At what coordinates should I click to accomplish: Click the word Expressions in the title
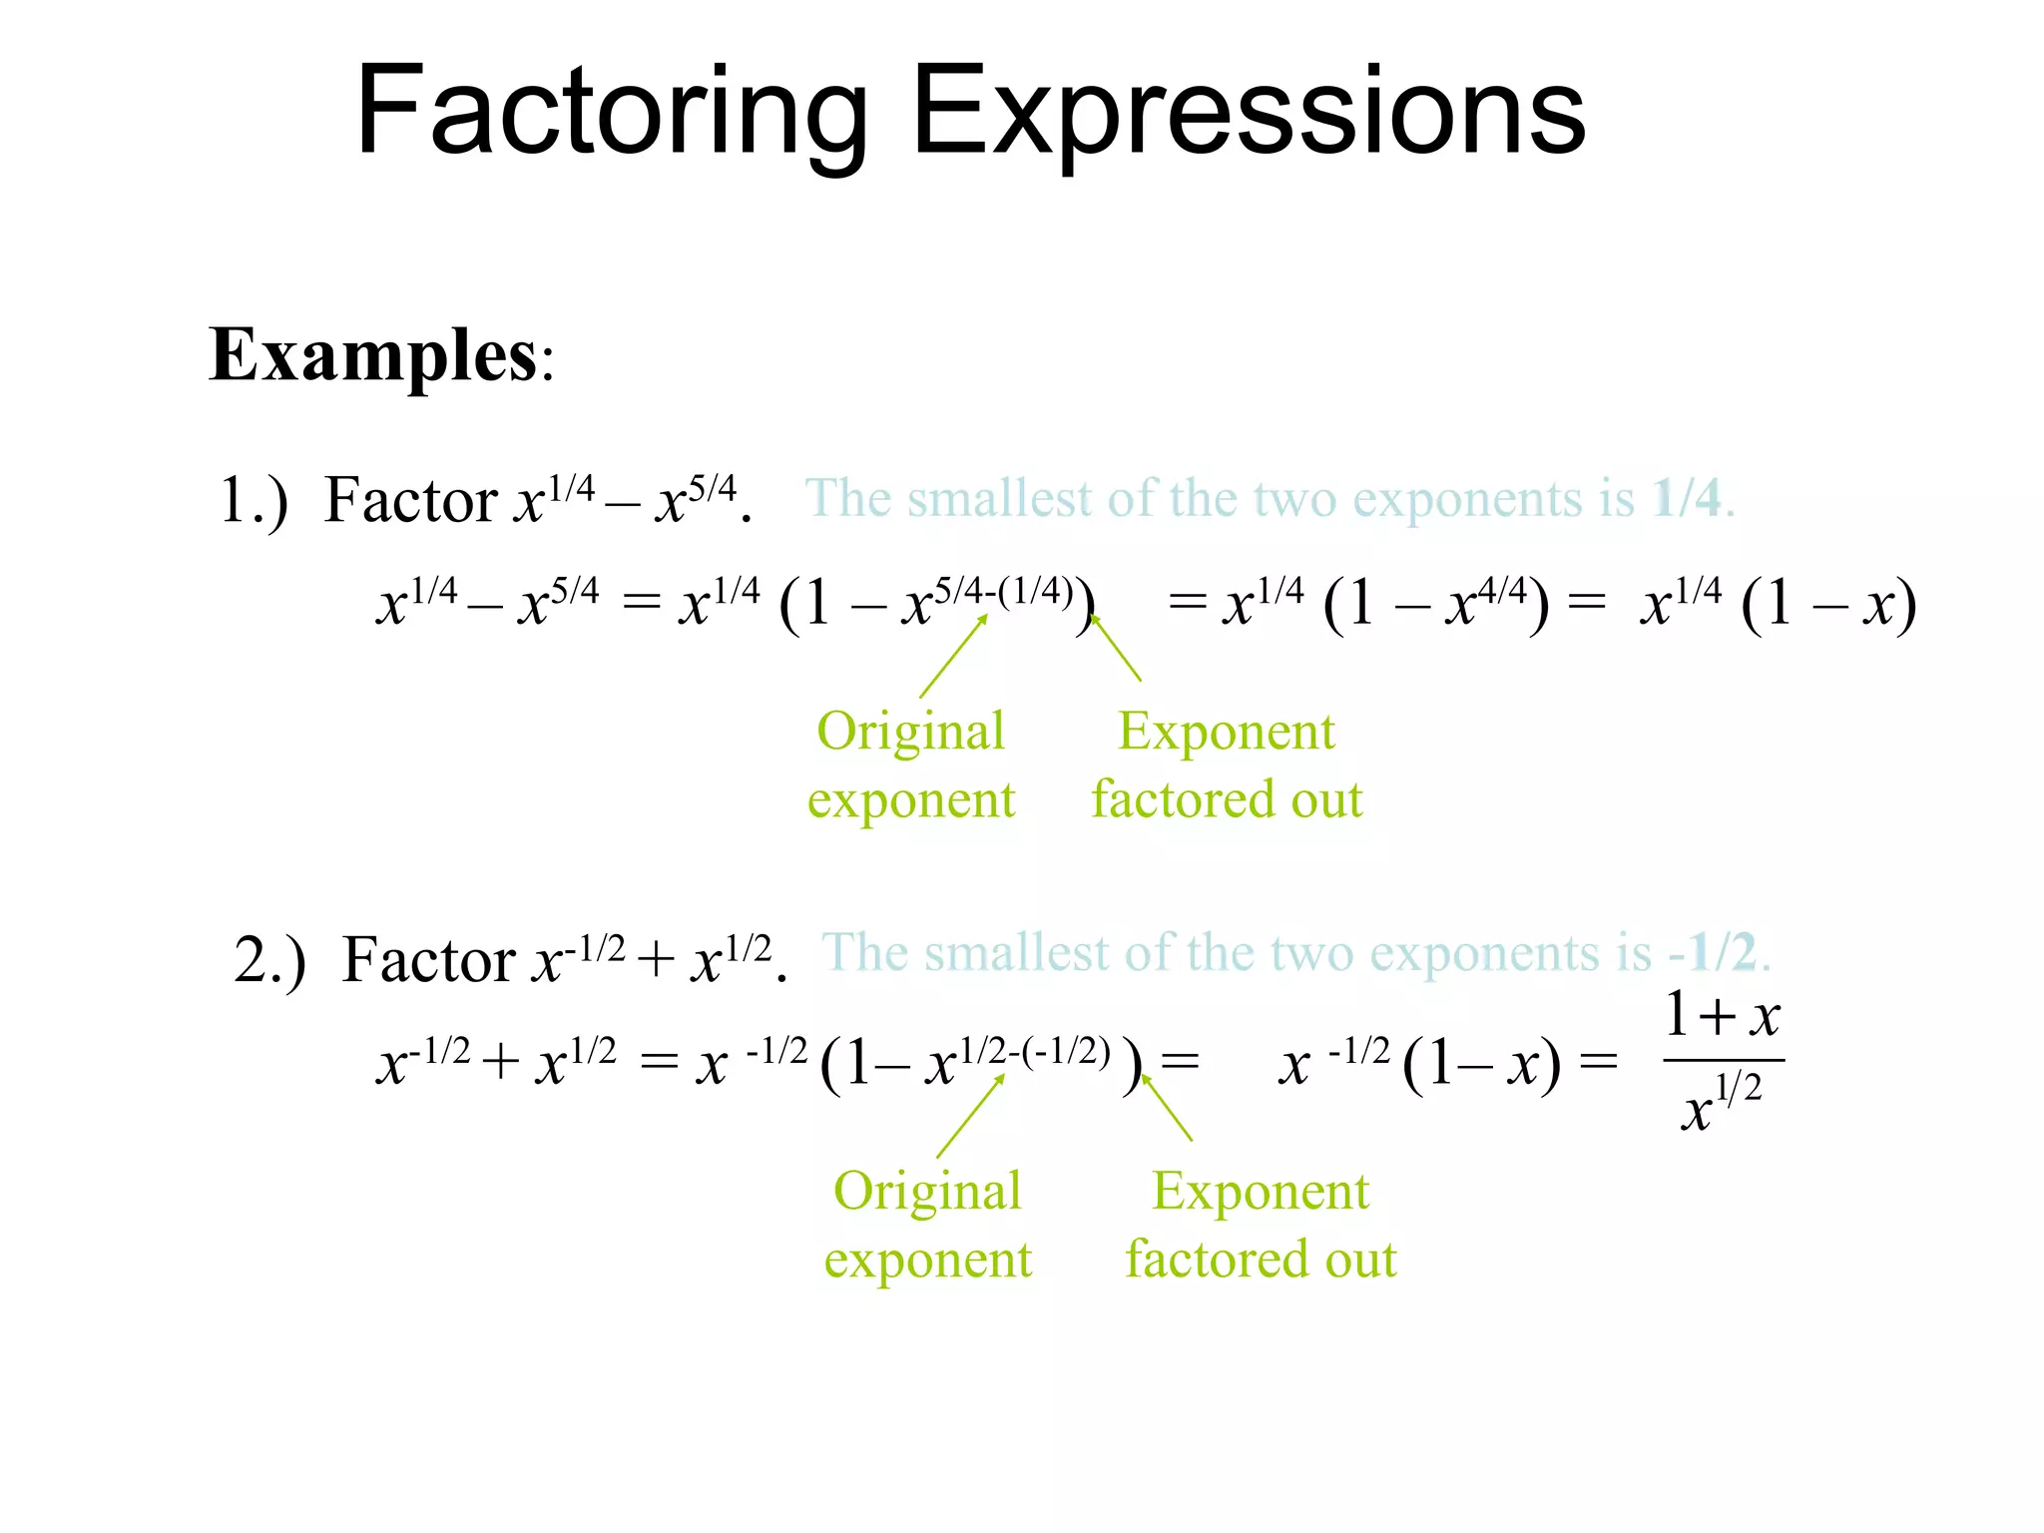(1248, 112)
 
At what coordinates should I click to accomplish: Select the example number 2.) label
(269, 960)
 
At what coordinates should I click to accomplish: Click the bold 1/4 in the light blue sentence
(1687, 497)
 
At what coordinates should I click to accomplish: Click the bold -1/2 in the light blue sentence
(1713, 952)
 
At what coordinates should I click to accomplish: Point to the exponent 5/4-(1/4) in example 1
(1003, 592)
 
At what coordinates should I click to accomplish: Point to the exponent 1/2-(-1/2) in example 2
(1034, 1050)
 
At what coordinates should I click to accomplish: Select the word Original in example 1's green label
(910, 732)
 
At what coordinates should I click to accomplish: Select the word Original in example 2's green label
(927, 1192)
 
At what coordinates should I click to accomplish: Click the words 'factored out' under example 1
(1227, 800)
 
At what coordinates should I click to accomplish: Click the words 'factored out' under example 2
(1261, 1260)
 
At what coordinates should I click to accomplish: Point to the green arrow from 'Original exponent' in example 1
(953, 656)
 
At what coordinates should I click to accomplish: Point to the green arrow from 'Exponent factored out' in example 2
(1167, 1108)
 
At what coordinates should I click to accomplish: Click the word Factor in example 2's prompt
(429, 960)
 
